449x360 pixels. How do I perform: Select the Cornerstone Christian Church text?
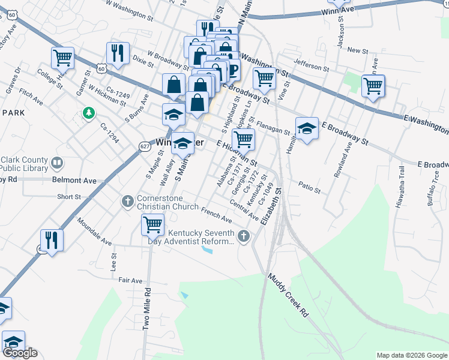168,202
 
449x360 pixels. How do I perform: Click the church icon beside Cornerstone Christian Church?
127,201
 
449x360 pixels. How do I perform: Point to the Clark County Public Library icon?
57,163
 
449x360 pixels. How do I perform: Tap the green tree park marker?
89,113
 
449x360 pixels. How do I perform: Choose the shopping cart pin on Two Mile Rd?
152,225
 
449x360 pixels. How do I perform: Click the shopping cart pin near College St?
62,58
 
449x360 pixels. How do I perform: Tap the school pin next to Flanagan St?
307,128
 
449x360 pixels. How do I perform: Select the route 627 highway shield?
144,146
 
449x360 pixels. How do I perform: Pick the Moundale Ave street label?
94,232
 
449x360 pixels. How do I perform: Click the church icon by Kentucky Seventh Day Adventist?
244,236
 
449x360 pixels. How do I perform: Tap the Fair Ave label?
130,280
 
